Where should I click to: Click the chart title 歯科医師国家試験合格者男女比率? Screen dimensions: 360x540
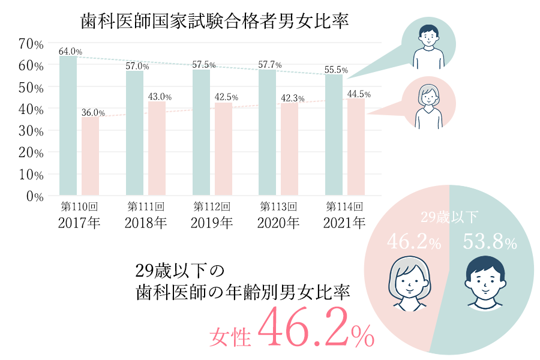tap(215, 22)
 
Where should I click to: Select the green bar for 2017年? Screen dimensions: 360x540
tap(68, 126)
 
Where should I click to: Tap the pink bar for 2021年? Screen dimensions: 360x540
tap(356, 147)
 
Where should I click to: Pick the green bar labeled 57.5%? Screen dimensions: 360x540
tap(201, 133)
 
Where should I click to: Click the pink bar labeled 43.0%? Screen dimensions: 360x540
tap(157, 148)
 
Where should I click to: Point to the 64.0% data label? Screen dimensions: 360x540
tap(70, 52)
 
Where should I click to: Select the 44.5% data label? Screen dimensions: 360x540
tap(359, 94)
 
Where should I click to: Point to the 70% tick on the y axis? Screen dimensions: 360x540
tap(31, 44)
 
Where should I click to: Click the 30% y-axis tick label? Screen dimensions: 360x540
tap(31, 131)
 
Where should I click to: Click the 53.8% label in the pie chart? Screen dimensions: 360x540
tap(490, 243)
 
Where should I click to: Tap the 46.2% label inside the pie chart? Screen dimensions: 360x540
tap(414, 243)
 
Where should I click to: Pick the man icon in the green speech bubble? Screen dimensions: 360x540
tap(428, 45)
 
